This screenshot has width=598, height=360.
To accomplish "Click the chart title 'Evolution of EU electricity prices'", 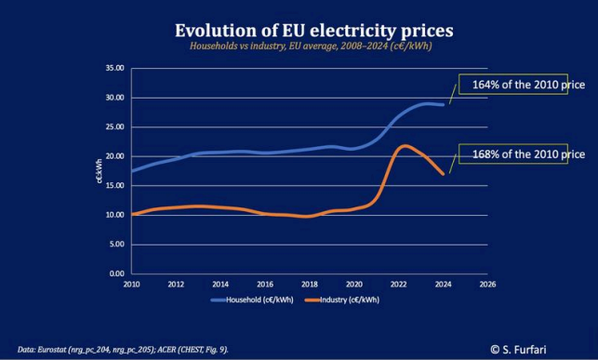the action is [313, 31].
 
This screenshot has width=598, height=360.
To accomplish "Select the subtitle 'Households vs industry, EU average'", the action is [263, 47].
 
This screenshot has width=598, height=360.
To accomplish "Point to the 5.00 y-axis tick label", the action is [117, 244].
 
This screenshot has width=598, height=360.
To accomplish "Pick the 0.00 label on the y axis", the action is [117, 273].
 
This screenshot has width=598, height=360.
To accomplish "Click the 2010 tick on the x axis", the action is [131, 285].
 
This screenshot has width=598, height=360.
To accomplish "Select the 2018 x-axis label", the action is [310, 285].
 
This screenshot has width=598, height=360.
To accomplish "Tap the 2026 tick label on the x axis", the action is [487, 285].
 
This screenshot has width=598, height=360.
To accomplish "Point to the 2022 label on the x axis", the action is [399, 285].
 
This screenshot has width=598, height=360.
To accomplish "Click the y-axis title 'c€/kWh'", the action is [100, 171].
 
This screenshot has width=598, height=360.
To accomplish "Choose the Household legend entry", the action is [252, 300].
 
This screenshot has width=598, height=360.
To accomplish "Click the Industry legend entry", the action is [342, 300].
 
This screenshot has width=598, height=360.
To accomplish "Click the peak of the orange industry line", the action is [405, 146].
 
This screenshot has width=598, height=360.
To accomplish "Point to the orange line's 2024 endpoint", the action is [443, 174].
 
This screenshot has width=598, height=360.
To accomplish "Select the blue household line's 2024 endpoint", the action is [443, 104].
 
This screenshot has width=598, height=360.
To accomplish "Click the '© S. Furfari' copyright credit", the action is [518, 350].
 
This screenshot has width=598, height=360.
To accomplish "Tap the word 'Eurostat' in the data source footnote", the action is [52, 350].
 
